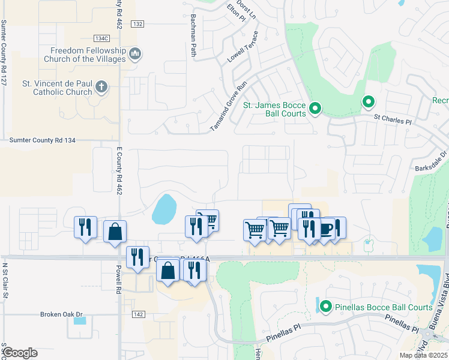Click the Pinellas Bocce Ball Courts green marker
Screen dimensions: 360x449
[326, 307]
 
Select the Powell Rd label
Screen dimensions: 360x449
[119, 281]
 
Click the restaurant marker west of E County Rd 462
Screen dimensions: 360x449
[85, 227]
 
